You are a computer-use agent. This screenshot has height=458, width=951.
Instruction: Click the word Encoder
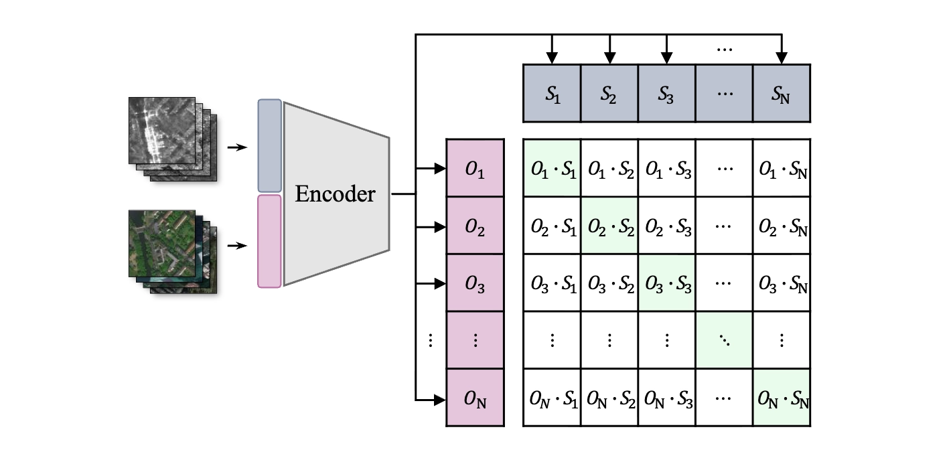[335, 194]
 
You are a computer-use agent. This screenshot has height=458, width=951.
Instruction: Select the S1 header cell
[552, 93]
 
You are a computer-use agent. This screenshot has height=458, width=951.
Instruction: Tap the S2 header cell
[609, 93]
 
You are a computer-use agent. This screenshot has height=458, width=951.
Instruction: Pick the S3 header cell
[666, 93]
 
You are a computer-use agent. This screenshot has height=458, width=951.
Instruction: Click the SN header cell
[782, 93]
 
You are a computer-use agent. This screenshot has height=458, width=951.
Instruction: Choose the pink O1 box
[475, 168]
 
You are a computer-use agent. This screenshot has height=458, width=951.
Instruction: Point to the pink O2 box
[475, 226]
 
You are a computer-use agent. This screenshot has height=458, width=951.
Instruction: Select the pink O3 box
[475, 283]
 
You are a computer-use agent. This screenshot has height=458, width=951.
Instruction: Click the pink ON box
[475, 398]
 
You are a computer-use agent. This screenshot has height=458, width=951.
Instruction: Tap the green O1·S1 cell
[552, 168]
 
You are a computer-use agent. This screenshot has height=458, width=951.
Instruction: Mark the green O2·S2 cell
[609, 226]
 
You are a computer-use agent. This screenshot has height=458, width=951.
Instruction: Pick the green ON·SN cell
[782, 398]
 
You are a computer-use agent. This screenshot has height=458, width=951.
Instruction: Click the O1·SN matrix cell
[782, 168]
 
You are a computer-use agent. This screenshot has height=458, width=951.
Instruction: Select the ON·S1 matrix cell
[552, 398]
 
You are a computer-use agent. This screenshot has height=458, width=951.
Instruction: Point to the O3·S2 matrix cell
[609, 283]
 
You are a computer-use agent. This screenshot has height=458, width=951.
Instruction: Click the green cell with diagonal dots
[724, 340]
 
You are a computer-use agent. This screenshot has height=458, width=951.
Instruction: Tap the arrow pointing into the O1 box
[431, 169]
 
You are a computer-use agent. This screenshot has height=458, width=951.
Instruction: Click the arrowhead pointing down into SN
[782, 58]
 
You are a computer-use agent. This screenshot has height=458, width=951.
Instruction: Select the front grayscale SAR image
[162, 131]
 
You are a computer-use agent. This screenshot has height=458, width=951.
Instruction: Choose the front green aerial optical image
[162, 244]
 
